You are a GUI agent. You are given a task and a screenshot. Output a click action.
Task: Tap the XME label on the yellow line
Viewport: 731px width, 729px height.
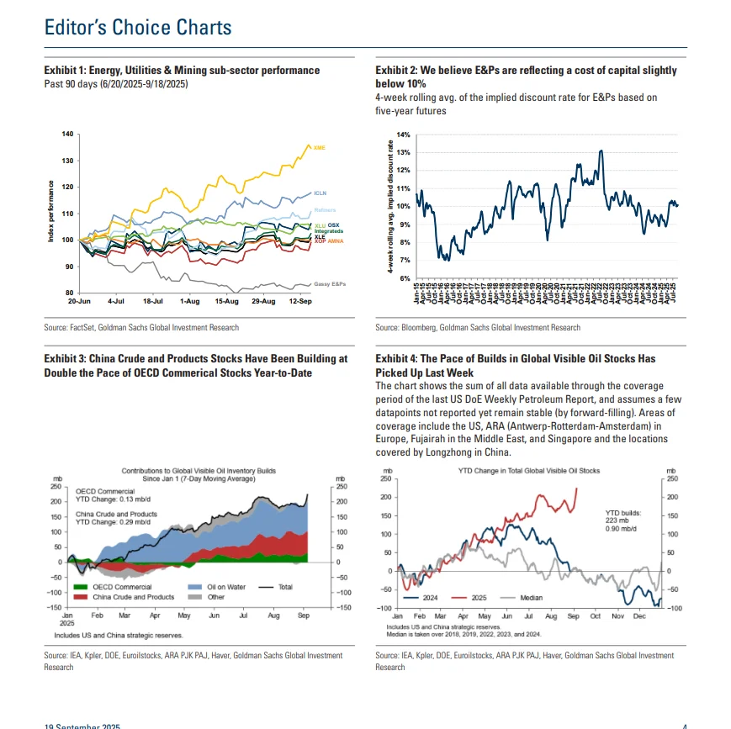[319, 148]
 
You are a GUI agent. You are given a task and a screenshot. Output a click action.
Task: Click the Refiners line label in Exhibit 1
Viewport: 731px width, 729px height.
[324, 209]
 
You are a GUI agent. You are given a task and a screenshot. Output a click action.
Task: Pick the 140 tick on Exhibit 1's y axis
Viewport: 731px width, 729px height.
[68, 135]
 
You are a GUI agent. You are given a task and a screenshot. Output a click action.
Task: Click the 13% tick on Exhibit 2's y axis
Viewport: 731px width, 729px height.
[404, 152]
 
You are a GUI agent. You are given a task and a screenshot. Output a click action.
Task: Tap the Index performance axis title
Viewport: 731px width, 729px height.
[51, 213]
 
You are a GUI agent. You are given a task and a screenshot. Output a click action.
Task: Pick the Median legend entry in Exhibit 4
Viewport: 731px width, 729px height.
[531, 599]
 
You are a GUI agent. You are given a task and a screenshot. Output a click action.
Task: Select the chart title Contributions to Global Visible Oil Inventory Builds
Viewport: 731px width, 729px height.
[199, 471]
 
